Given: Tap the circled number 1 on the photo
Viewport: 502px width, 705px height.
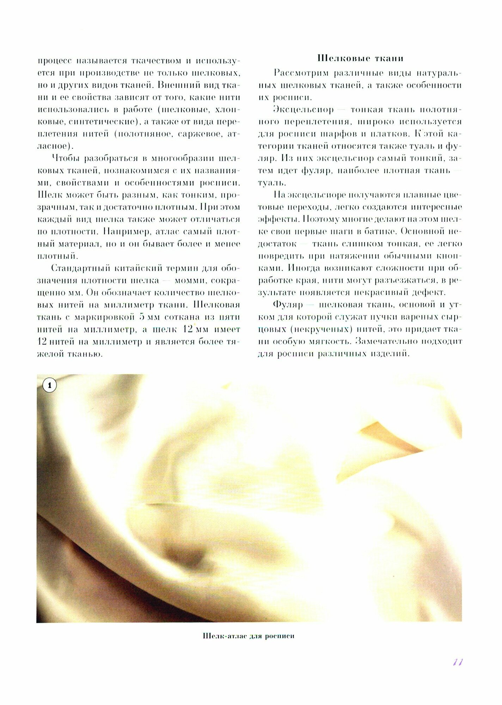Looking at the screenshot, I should (x=49, y=385).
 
